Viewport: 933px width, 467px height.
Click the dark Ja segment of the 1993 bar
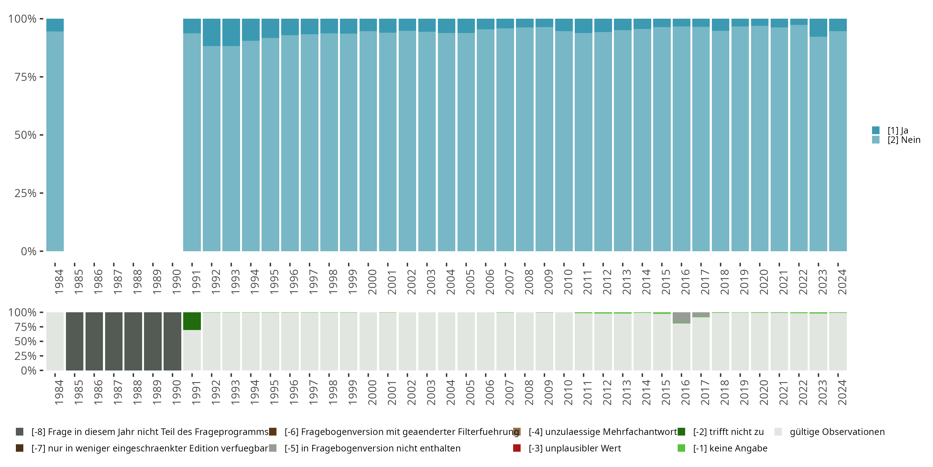pos(231,32)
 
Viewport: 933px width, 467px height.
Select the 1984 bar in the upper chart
pos(55,138)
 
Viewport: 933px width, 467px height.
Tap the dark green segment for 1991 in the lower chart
pos(192,321)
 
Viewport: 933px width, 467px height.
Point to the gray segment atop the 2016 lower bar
pos(681,317)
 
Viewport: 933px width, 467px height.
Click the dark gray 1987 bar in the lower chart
pos(114,341)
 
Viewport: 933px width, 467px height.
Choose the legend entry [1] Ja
pos(898,130)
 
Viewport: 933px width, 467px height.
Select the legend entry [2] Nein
pos(903,140)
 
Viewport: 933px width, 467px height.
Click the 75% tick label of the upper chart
pos(26,77)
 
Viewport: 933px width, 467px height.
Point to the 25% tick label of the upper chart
pos(26,193)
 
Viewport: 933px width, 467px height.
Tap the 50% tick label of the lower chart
pos(26,342)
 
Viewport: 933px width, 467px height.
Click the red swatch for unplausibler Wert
pos(517,448)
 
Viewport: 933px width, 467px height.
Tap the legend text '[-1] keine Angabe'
pos(730,448)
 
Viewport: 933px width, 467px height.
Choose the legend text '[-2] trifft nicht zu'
pos(728,432)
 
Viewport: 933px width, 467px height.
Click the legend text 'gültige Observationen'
pos(837,432)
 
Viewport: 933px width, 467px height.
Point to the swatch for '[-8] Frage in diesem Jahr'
pos(20,432)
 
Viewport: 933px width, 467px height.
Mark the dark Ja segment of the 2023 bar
pos(818,28)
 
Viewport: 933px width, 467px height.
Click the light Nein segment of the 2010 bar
pos(564,141)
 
